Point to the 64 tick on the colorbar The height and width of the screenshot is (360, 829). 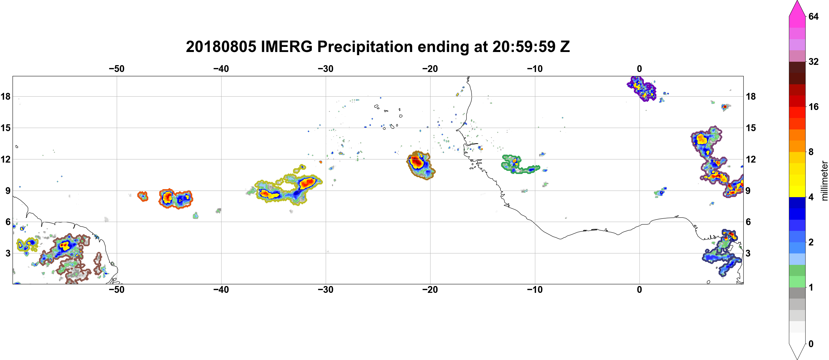pos(813,16)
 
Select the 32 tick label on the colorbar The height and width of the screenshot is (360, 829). pos(813,61)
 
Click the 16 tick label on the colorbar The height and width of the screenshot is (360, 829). pos(813,107)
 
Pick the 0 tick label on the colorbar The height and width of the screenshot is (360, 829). pos(811,344)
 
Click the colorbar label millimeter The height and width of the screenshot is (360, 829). pos(824,181)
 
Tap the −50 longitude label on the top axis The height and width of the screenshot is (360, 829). pos(116,69)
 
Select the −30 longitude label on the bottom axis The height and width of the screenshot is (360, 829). pos(326,290)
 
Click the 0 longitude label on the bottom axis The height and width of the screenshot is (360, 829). pos(639,290)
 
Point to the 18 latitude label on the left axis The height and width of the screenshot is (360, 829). pos(5,96)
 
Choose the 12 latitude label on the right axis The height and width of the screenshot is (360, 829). pos(751,159)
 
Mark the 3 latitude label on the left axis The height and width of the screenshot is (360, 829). pos(8,253)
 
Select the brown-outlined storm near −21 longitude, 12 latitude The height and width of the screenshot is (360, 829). pos(420,165)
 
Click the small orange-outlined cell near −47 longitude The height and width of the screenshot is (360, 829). pos(142,196)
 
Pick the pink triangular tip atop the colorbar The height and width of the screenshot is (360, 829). pos(797,8)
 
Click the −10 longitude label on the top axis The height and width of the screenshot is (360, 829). pos(535,69)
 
